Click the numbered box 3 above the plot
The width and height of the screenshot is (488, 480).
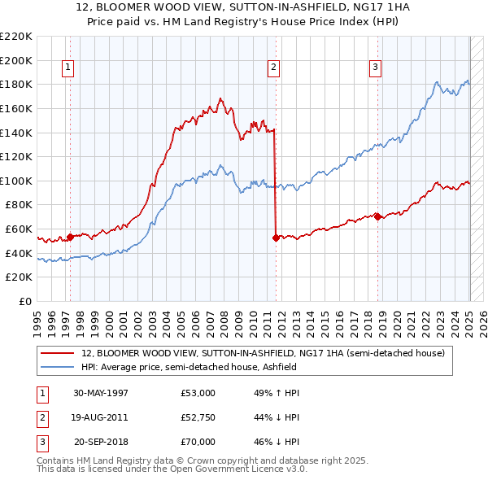click(376, 68)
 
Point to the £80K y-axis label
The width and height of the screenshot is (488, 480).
click(19, 205)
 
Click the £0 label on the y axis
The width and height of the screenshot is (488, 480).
click(25, 302)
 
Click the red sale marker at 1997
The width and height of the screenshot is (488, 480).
click(71, 237)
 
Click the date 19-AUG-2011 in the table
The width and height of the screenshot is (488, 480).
click(101, 417)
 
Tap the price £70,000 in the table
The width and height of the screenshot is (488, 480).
click(198, 442)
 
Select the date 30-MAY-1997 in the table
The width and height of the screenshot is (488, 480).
click(101, 393)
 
